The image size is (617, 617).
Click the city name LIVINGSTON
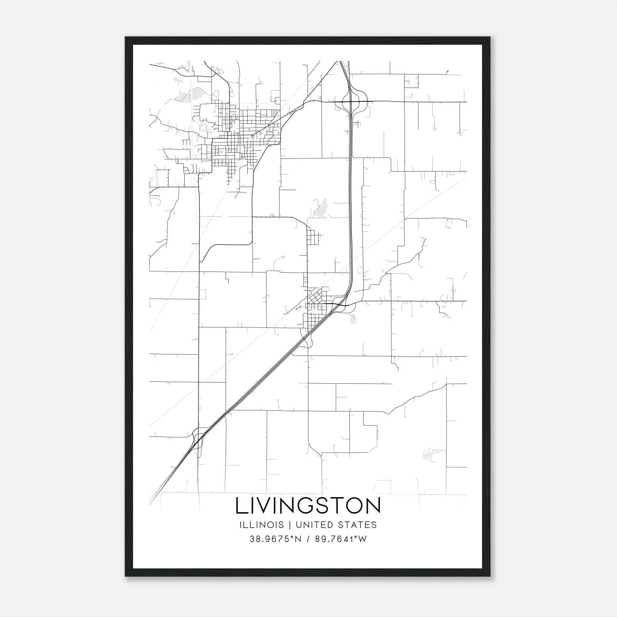[308, 506]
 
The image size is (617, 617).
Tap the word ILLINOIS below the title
[261, 525]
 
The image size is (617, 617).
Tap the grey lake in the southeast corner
[427, 454]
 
